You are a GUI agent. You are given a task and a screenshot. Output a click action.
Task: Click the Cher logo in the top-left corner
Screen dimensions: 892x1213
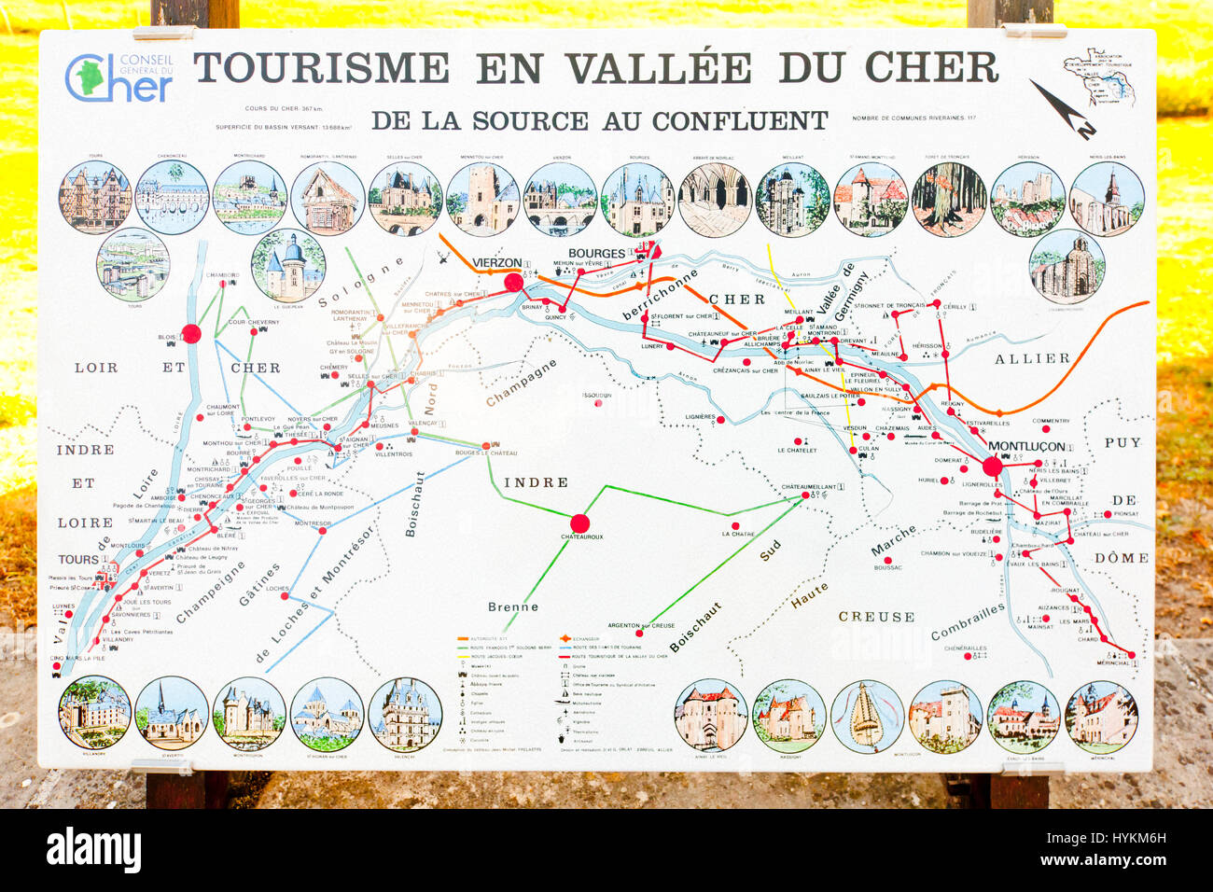tap(119, 78)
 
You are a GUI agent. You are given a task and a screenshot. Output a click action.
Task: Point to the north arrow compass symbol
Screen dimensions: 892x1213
tap(1062, 108)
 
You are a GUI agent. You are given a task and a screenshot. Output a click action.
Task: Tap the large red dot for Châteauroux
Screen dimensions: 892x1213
tap(579, 523)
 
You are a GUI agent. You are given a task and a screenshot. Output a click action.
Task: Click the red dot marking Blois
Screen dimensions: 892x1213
tap(191, 333)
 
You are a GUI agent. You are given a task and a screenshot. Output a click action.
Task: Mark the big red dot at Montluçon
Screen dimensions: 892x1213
tap(992, 467)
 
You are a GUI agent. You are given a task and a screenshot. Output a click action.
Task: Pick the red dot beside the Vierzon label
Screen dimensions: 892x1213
tap(513, 283)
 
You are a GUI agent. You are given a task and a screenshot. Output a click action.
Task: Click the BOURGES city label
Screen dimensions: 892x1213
tap(596, 254)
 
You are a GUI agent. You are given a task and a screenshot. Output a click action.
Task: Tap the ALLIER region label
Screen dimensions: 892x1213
tap(1032, 358)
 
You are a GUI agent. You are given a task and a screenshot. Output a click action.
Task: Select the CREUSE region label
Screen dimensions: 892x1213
tap(876, 617)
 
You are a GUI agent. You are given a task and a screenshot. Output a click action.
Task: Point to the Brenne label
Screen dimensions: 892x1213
tap(513, 606)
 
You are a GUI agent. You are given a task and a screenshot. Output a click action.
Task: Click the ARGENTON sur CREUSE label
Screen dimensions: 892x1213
tap(641, 625)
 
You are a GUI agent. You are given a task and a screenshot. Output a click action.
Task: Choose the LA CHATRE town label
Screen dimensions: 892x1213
tap(738, 534)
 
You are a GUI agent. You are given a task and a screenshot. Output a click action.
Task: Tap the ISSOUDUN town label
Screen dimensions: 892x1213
tap(596, 395)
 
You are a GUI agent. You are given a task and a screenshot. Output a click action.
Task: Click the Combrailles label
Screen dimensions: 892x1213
tap(968, 620)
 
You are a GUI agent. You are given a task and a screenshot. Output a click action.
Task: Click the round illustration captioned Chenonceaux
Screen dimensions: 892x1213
tap(173, 197)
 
